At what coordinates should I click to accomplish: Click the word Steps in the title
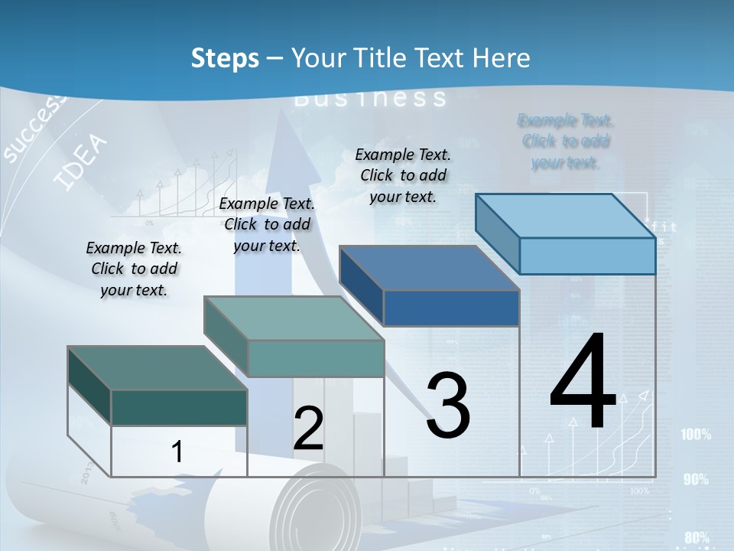pyautogui.click(x=225, y=58)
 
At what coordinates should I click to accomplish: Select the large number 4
pyautogui.click(x=583, y=383)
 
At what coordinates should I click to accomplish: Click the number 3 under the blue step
pyautogui.click(x=448, y=406)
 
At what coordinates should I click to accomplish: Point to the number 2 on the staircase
pyautogui.click(x=308, y=429)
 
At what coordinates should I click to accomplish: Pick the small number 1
pyautogui.click(x=177, y=452)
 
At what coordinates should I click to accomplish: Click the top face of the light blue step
pyautogui.click(x=566, y=215)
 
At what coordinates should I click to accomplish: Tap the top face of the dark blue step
pyautogui.click(x=429, y=268)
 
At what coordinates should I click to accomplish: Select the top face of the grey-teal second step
pyautogui.click(x=294, y=318)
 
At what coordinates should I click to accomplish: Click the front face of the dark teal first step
pyautogui.click(x=179, y=407)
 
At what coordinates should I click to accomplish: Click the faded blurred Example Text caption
pyautogui.click(x=566, y=142)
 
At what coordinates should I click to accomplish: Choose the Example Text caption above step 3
pyautogui.click(x=403, y=175)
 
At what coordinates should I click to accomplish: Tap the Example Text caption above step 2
pyautogui.click(x=267, y=224)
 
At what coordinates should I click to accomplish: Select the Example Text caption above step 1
pyautogui.click(x=134, y=269)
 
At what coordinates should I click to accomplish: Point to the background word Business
pyautogui.click(x=370, y=98)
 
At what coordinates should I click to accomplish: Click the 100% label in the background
pyautogui.click(x=696, y=435)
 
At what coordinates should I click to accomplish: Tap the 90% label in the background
pyautogui.click(x=696, y=480)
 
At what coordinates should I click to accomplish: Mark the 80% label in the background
pyautogui.click(x=697, y=537)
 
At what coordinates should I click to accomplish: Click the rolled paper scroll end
pyautogui.click(x=318, y=508)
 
